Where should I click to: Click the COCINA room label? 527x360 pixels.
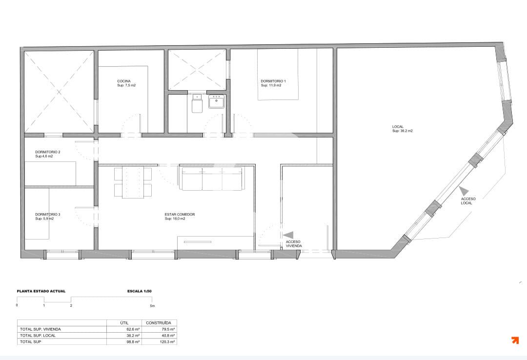pyautogui.click(x=123, y=81)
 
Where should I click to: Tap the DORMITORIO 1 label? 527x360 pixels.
pyautogui.click(x=273, y=81)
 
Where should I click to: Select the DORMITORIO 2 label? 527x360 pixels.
pyautogui.click(x=48, y=152)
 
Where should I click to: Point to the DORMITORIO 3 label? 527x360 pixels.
pyautogui.click(x=48, y=215)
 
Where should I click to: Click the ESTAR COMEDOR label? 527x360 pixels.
pyautogui.click(x=180, y=215)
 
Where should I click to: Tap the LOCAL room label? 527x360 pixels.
pyautogui.click(x=398, y=127)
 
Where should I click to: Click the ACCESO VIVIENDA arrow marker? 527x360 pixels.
pyautogui.click(x=288, y=235)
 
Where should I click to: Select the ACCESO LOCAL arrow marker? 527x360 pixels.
pyautogui.click(x=464, y=191)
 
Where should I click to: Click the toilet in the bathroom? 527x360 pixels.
pyautogui.click(x=197, y=103)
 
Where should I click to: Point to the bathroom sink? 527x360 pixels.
pyautogui.click(x=217, y=101)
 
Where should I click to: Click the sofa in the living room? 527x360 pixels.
pyautogui.click(x=212, y=179)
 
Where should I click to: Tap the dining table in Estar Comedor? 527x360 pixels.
pyautogui.click(x=133, y=182)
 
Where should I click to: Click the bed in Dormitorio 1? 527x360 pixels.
pyautogui.click(x=278, y=74)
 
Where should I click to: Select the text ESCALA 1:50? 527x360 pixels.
pyautogui.click(x=140, y=291)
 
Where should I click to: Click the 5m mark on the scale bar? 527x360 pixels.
pyautogui.click(x=153, y=306)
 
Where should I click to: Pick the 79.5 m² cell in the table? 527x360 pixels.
pyautogui.click(x=168, y=329)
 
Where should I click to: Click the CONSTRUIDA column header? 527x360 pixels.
pyautogui.click(x=159, y=323)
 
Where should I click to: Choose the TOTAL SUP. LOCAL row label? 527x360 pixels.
pyautogui.click(x=38, y=336)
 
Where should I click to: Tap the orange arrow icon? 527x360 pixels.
pyautogui.click(x=515, y=340)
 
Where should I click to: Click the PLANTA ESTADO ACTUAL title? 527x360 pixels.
pyautogui.click(x=41, y=291)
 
